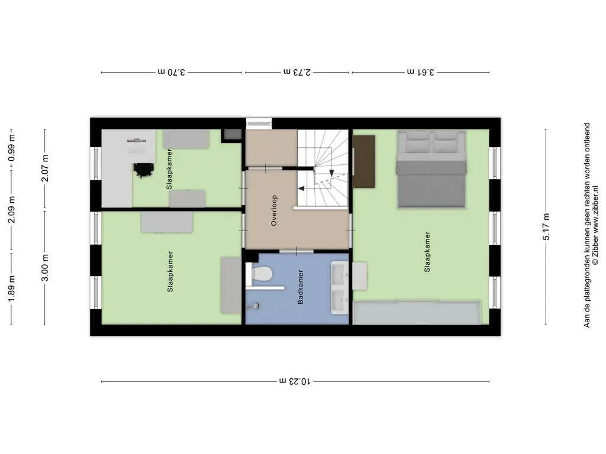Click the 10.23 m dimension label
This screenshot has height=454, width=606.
tap(295, 381)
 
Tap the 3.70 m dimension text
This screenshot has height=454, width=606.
tap(172, 72)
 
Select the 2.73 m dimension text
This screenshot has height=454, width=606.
tap(297, 72)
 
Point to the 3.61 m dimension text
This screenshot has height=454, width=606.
tap(421, 72)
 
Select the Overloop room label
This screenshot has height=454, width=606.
tap(273, 211)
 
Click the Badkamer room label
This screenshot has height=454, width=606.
tap(301, 287)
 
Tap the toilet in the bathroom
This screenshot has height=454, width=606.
tap(260, 274)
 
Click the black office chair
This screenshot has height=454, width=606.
tap(143, 169)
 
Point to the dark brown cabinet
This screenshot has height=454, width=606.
tap(364, 161)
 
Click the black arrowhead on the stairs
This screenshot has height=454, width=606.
tap(301, 189)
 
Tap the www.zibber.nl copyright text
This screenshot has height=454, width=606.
tap(595, 225)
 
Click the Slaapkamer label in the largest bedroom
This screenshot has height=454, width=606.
tap(427, 251)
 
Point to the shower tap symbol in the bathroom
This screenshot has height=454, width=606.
tap(255, 306)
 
